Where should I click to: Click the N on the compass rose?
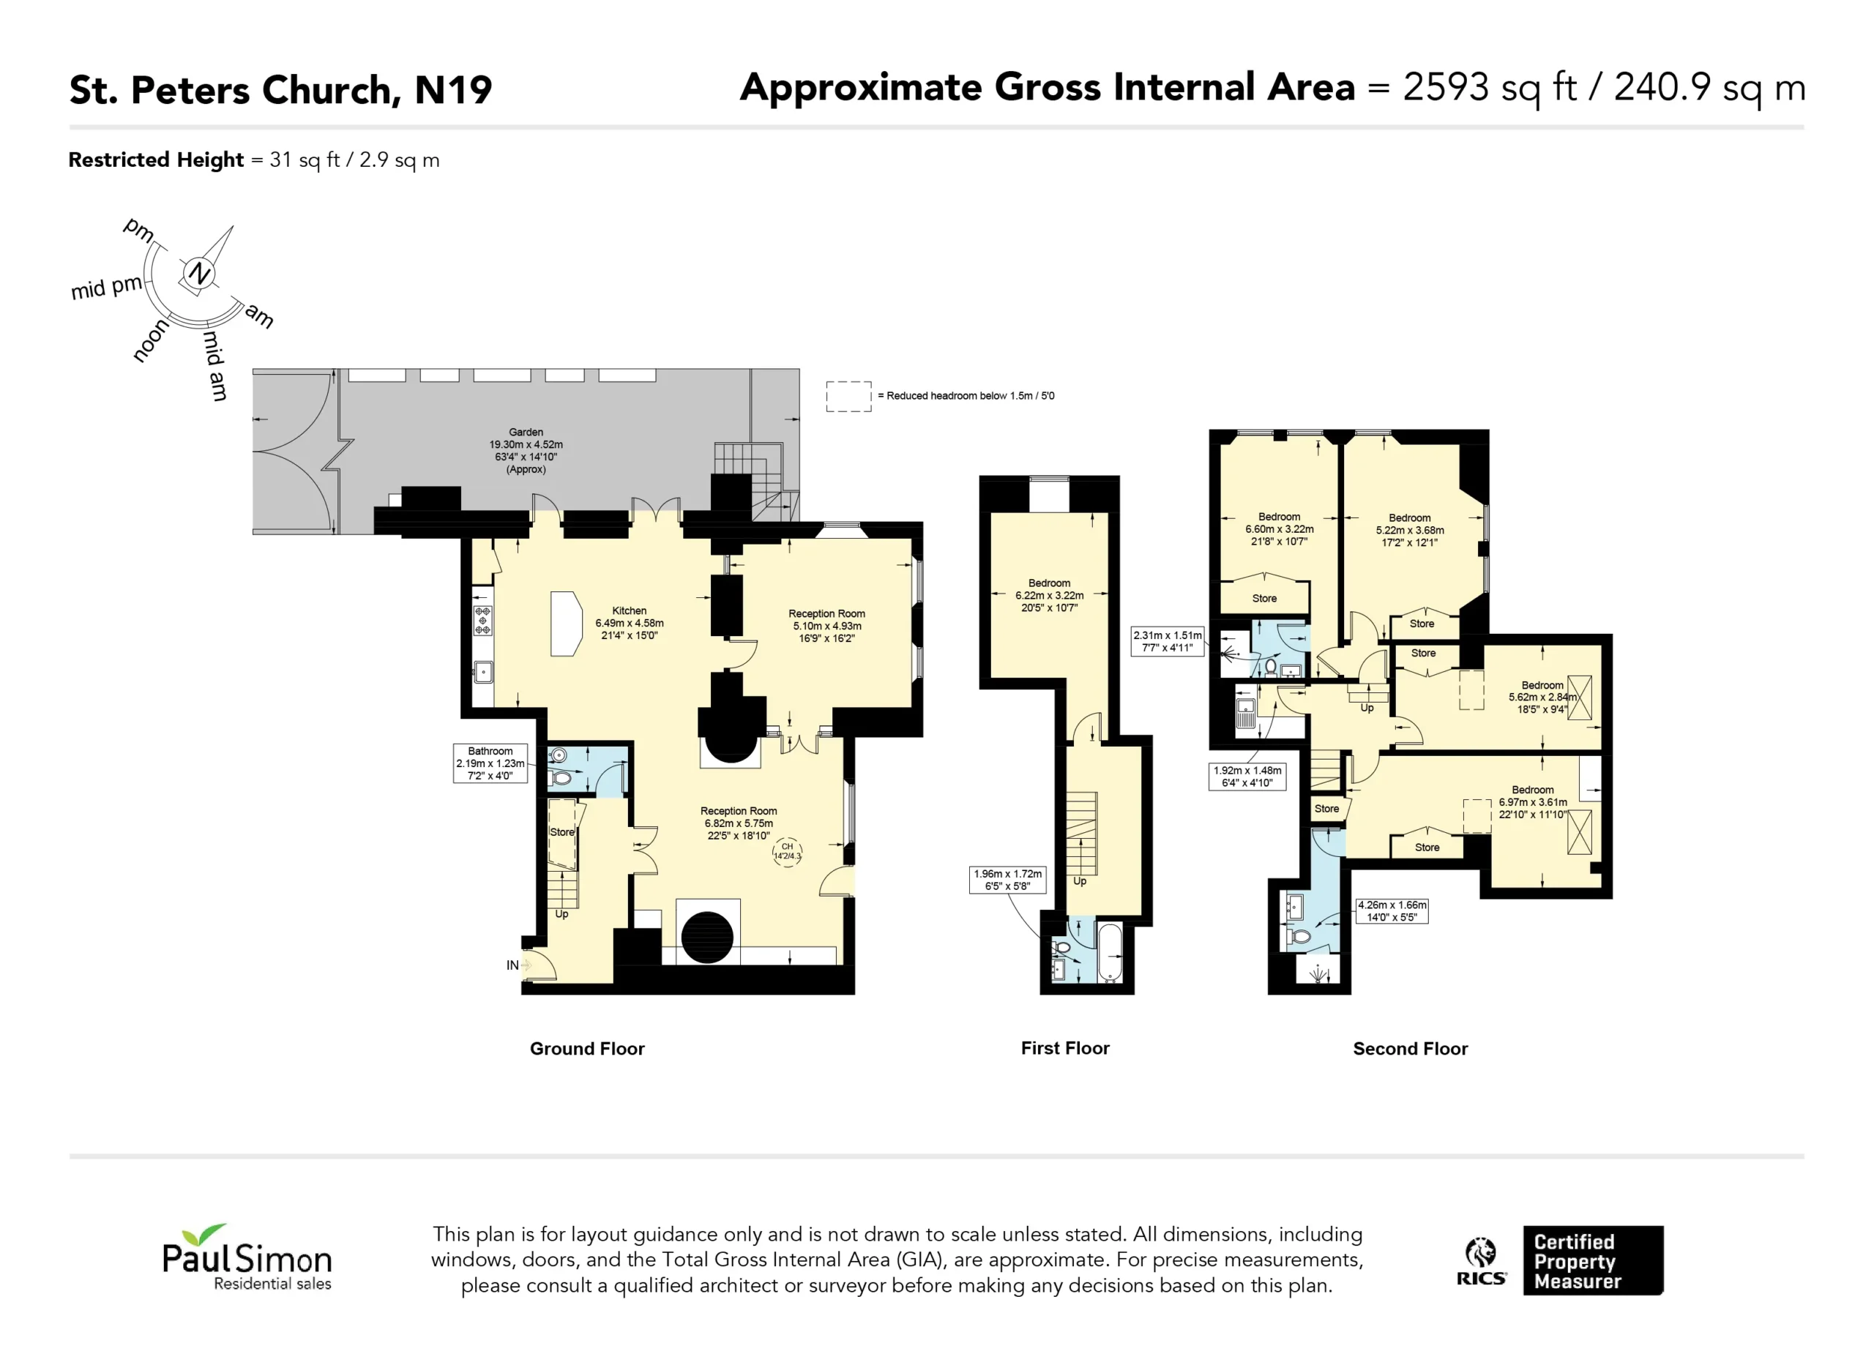pos(199,273)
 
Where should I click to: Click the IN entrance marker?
pos(512,965)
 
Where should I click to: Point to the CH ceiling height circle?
pos(787,851)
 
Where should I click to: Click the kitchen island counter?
pos(566,624)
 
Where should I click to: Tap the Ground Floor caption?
pos(586,1049)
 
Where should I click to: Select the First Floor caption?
pos(1065,1047)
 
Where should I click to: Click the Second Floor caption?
pos(1410,1049)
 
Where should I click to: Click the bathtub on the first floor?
pos(1110,954)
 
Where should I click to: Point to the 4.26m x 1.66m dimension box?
pos(1392,910)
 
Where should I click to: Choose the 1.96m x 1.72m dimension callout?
pos(1007,880)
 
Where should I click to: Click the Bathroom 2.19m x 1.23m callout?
pos(490,763)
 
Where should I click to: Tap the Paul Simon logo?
pos(246,1257)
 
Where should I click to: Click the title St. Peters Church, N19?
pos(280,89)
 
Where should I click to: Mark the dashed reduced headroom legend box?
pos(848,397)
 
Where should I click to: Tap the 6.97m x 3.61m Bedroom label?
pos(1532,802)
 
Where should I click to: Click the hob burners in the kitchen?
pos(482,620)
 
